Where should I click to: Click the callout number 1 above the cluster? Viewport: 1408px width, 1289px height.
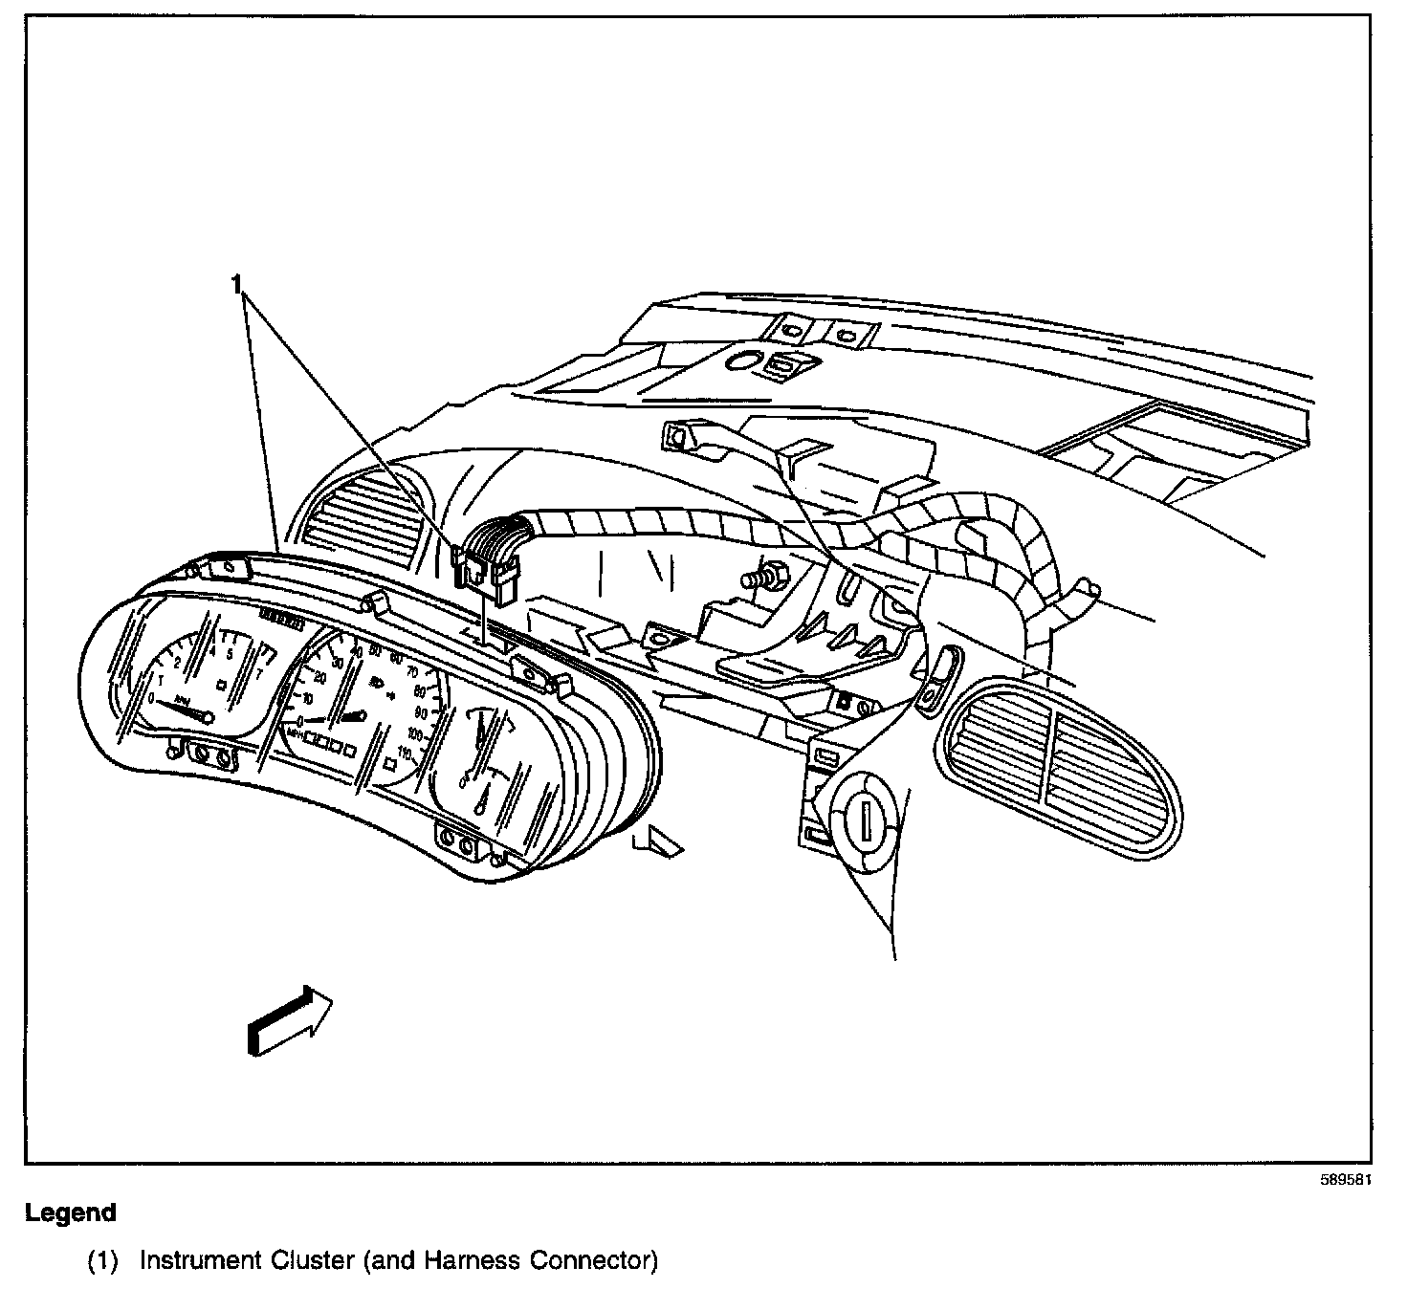[236, 284]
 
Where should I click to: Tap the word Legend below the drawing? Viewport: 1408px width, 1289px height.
[70, 1213]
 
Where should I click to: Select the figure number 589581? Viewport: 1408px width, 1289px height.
[1346, 1180]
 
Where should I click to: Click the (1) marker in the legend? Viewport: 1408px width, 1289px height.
[102, 1262]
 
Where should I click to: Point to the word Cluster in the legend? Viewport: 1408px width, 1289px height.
[312, 1262]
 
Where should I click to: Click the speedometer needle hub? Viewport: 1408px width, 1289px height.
[361, 715]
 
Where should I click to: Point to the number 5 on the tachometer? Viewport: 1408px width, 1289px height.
[230, 654]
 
